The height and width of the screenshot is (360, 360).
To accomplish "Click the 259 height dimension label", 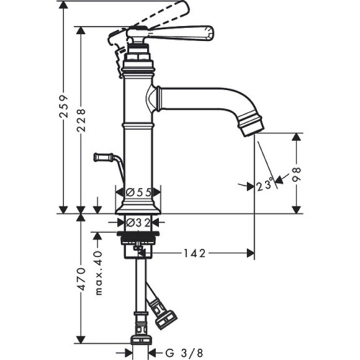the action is coord(63,106).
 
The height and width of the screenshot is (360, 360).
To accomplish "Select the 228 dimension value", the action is coord(81,120).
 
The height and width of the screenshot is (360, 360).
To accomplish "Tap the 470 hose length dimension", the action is coord(81,279).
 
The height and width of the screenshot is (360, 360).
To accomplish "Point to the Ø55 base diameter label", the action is coord(138,192).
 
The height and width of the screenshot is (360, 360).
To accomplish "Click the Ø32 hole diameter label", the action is coord(138,222).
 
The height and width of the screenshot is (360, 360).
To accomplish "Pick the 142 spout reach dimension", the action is coord(195,253).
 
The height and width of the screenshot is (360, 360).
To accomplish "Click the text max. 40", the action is coord(98,273).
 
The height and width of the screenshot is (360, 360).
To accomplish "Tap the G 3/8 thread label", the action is coord(184,353).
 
